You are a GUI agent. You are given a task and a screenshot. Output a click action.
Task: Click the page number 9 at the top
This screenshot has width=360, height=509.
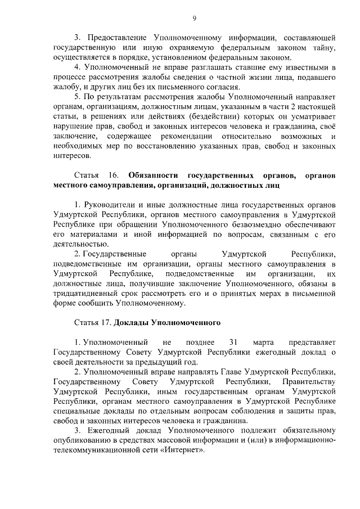pos(194,18)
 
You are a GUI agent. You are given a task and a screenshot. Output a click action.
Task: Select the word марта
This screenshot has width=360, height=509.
pos(263,342)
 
